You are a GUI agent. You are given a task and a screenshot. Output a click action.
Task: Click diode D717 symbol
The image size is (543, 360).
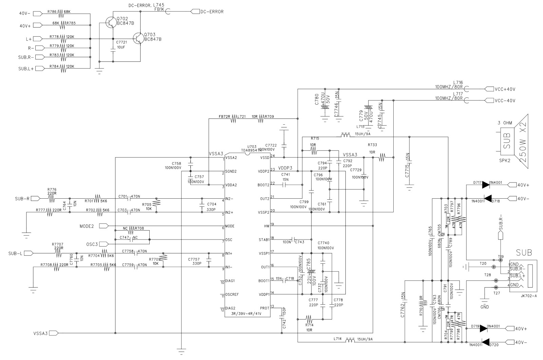click(x=486, y=185)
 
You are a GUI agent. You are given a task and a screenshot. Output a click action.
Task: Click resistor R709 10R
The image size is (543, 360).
click(x=261, y=118)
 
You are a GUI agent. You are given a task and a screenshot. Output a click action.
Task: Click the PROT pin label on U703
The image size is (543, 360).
click(x=264, y=308)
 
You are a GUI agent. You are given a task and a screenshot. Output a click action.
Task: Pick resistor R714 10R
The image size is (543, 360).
click(x=309, y=319)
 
